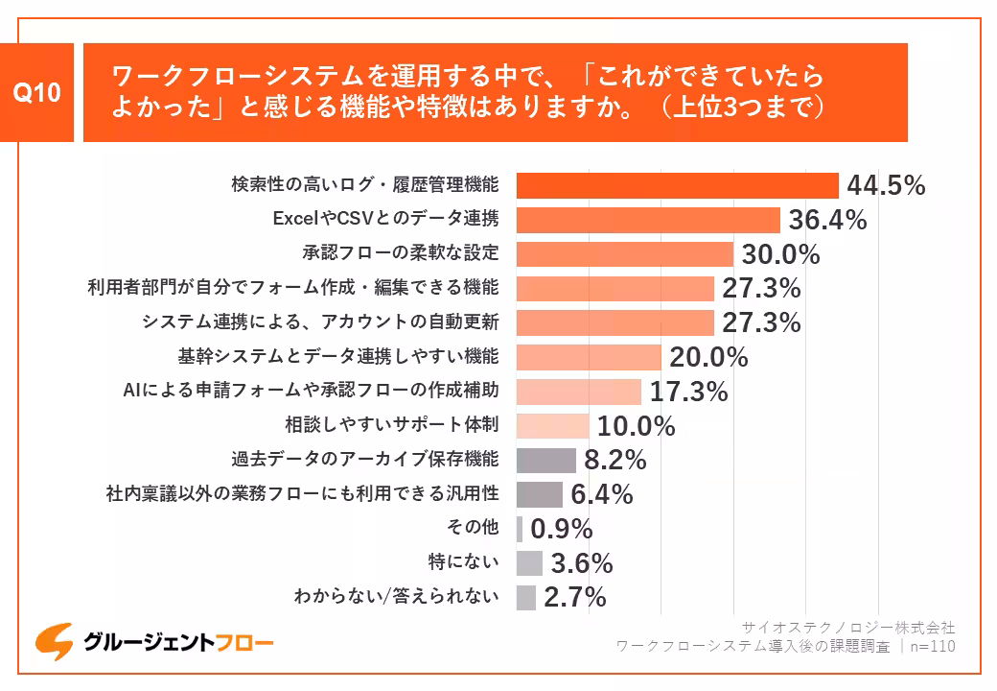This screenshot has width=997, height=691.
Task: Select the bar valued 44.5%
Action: pyautogui.click(x=677, y=185)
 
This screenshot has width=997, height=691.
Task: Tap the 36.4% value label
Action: pyautogui.click(x=827, y=220)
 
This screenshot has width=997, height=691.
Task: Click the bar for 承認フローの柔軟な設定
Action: pyautogui.click(x=624, y=254)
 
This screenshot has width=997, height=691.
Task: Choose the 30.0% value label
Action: pyautogui.click(x=780, y=254)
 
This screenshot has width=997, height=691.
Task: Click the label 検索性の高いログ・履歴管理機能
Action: pyautogui.click(x=364, y=183)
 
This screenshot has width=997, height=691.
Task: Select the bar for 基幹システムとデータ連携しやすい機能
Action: pyautogui.click(x=589, y=357)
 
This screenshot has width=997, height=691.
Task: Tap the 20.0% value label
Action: pyautogui.click(x=708, y=357)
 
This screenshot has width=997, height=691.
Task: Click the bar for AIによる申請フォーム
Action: pyautogui.click(x=578, y=392)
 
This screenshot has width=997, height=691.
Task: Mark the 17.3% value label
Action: pyautogui.click(x=688, y=392)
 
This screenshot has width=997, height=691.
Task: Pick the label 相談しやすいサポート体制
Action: pyautogui.click(x=391, y=424)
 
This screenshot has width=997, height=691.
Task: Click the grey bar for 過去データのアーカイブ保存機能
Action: pyautogui.click(x=545, y=461)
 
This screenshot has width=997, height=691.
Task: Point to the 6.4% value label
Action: pyautogui.click(x=601, y=495)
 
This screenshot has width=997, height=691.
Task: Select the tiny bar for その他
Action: pyautogui.click(x=520, y=529)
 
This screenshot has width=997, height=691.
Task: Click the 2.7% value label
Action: pyautogui.click(x=574, y=597)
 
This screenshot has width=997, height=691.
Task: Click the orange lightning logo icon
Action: pyautogui.click(x=54, y=643)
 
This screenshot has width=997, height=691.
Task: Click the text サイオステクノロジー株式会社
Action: pyautogui.click(x=847, y=628)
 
